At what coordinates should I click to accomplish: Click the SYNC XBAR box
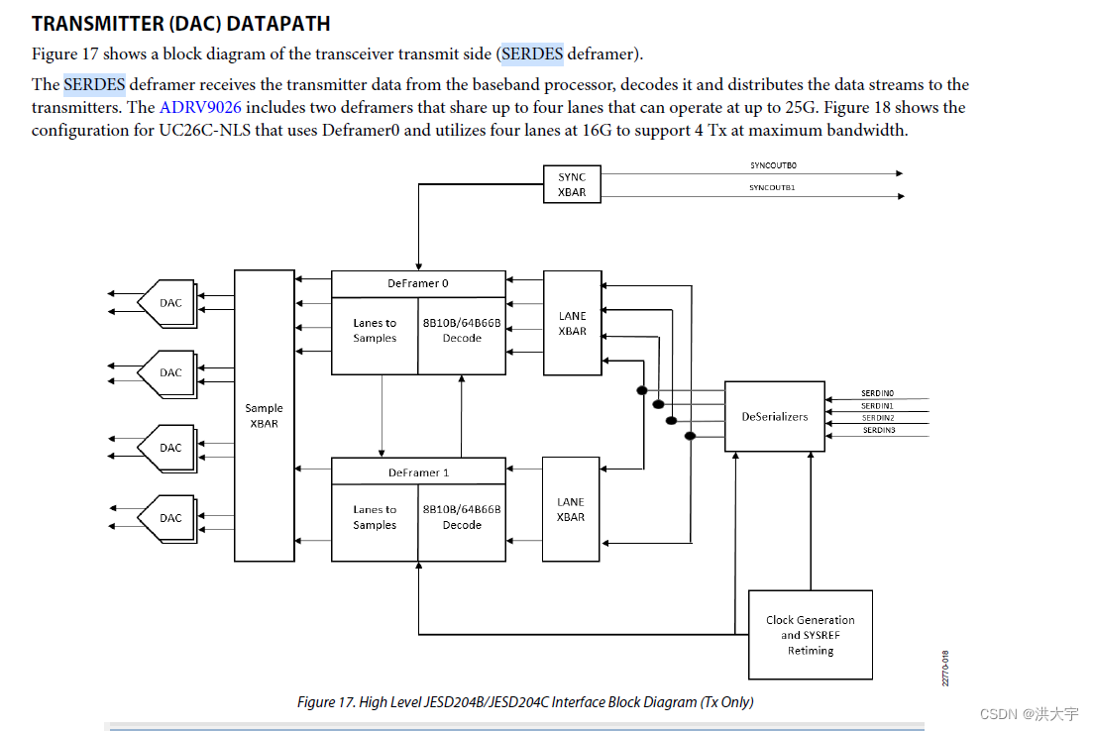tap(572, 184)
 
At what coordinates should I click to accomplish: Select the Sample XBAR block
tap(264, 415)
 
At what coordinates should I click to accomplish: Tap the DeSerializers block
tap(775, 416)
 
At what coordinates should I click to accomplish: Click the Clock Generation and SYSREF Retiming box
tap(811, 635)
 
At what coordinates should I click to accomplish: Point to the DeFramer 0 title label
tap(417, 283)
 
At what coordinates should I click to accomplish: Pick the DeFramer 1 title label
tap(417, 472)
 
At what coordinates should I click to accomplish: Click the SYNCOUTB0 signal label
tap(772, 165)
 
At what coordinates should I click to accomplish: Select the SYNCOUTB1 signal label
tap(772, 187)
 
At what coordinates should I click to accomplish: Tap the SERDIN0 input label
tap(877, 393)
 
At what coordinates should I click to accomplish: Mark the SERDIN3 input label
tap(878, 430)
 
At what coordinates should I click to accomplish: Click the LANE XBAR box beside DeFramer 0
tap(572, 323)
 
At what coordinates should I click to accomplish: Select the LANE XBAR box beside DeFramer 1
tap(571, 509)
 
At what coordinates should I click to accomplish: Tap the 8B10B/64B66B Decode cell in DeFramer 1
tap(462, 517)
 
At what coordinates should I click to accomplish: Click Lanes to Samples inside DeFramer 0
tap(375, 330)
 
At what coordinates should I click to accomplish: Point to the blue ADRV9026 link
tap(200, 107)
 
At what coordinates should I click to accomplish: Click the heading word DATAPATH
tap(278, 23)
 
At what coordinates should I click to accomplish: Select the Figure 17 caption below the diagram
tap(525, 701)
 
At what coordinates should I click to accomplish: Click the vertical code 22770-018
tap(945, 668)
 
